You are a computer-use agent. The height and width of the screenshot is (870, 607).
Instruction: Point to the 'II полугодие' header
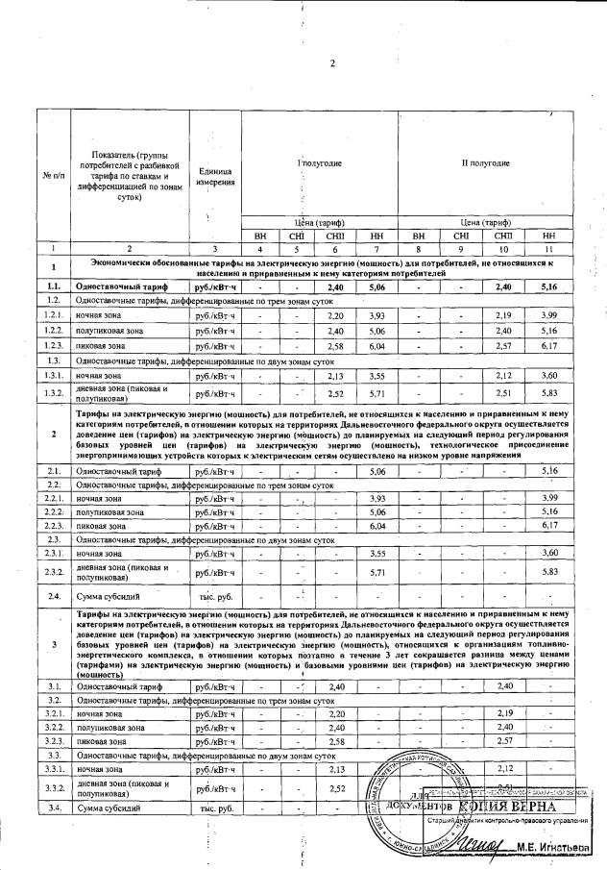(485, 163)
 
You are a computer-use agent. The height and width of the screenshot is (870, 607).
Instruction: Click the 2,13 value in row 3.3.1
(336, 769)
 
